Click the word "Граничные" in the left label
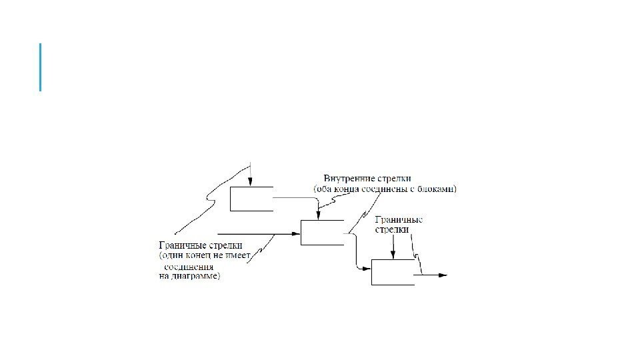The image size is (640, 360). coord(180,245)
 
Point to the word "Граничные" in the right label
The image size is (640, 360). coord(399,220)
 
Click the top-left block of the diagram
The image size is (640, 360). coord(251,199)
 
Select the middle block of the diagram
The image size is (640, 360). coord(322,232)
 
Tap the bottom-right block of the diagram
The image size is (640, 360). coord(392,273)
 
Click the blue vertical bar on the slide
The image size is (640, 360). coord(41,67)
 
